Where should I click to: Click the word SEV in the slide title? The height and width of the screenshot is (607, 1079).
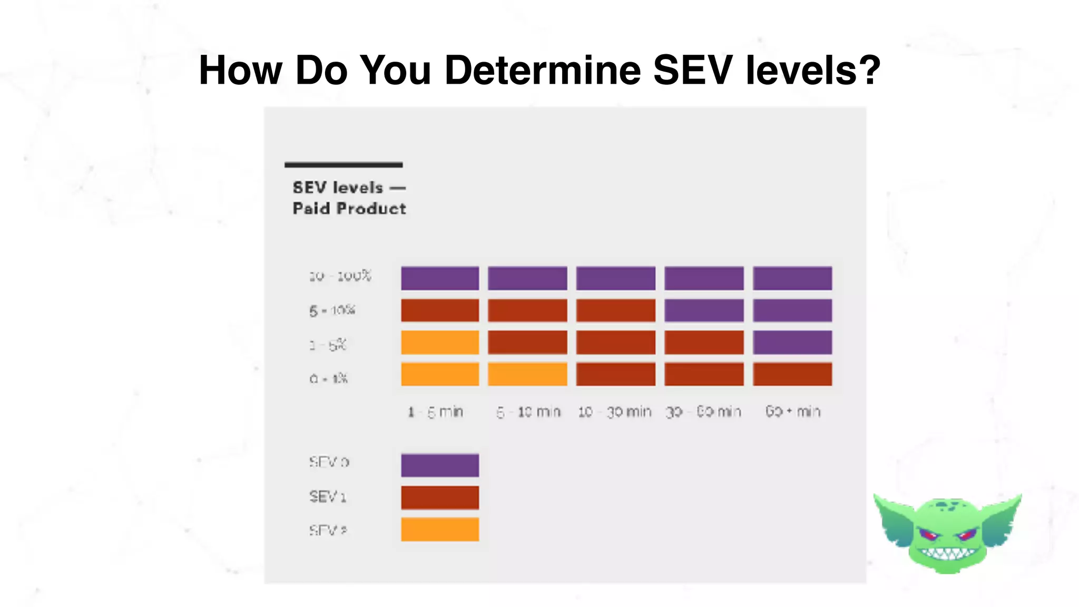tap(692, 70)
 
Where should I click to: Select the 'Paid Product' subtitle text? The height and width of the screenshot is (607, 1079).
tap(349, 209)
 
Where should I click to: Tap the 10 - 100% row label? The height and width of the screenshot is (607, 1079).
tap(340, 276)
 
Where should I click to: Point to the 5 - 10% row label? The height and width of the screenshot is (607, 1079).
tap(332, 310)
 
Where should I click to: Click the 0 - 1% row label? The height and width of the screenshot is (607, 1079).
tap(329, 378)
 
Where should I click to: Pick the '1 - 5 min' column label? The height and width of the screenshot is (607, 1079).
tap(436, 412)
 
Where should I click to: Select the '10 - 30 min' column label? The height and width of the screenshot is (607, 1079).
tap(615, 412)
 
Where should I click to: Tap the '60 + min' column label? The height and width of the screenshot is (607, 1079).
tap(792, 411)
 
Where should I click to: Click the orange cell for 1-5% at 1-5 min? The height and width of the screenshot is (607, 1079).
tap(440, 342)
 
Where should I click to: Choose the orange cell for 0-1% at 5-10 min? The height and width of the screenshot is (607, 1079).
tap(527, 374)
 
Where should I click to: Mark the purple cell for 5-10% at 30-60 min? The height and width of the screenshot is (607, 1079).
tap(704, 310)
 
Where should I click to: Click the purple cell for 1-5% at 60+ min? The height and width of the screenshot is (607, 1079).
tap(792, 342)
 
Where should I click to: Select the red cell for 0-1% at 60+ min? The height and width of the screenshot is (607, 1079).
tap(792, 374)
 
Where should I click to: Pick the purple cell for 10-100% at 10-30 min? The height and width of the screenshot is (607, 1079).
tap(615, 278)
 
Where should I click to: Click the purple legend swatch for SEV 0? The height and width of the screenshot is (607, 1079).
tap(440, 465)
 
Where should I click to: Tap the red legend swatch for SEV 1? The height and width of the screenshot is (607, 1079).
tap(440, 497)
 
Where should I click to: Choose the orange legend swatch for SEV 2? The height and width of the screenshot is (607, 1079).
tap(440, 529)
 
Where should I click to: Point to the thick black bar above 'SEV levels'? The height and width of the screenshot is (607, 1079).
tap(344, 165)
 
